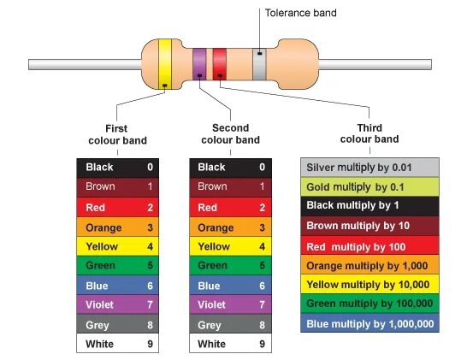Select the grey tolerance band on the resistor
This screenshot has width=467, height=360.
[x=258, y=64]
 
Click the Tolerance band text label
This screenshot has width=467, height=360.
[x=300, y=13]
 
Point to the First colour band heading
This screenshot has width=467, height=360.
[x=117, y=133]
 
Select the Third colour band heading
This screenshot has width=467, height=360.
[x=369, y=133]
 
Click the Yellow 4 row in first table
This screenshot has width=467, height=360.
[x=116, y=246]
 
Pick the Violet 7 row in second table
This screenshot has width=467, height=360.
[x=229, y=304]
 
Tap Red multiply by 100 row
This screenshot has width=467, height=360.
[x=369, y=245]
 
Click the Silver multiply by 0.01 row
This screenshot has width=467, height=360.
[x=369, y=167]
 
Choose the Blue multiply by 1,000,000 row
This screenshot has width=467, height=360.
[x=369, y=324]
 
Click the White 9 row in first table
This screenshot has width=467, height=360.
[x=116, y=344]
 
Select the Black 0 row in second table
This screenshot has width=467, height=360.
[x=229, y=168]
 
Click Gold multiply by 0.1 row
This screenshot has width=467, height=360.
[x=369, y=186]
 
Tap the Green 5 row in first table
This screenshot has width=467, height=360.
[x=116, y=266]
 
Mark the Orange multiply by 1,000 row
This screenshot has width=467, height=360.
[x=369, y=265]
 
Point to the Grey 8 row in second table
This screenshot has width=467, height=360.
[x=229, y=325]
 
